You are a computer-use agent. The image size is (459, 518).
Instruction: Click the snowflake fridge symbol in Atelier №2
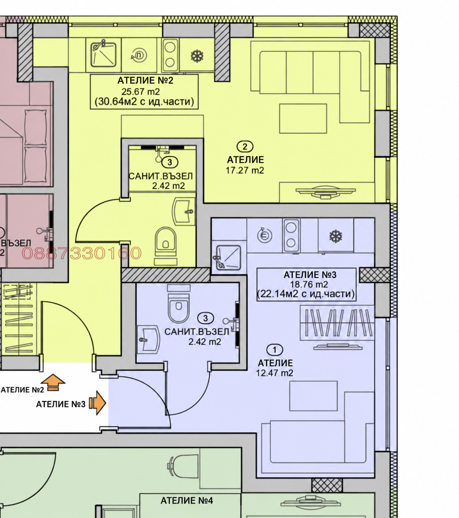(x=197, y=56)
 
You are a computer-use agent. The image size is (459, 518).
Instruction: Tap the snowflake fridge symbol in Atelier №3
(x=335, y=236)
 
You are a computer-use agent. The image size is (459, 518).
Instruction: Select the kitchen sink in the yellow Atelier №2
(x=103, y=54)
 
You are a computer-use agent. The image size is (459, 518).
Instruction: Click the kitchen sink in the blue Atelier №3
(x=228, y=258)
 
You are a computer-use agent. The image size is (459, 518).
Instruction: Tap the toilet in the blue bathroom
(x=179, y=303)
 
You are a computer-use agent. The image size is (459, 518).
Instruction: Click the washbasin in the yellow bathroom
(x=184, y=211)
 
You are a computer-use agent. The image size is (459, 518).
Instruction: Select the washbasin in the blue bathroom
(x=148, y=339)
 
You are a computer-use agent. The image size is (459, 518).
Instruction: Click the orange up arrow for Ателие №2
(x=53, y=382)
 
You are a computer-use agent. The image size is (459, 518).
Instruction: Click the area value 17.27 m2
(x=244, y=170)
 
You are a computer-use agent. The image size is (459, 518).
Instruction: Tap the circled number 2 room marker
(x=245, y=147)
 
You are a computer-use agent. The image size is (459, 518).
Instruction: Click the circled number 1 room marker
(x=275, y=349)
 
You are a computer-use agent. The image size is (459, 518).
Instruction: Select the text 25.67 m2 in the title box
(x=140, y=92)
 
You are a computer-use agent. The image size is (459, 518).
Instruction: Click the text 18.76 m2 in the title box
(x=309, y=284)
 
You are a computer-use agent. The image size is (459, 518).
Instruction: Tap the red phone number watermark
(x=82, y=253)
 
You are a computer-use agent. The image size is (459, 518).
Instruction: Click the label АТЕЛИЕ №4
(x=187, y=501)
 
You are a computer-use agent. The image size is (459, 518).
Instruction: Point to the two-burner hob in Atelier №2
(x=170, y=55)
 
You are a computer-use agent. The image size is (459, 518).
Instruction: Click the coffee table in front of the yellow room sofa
(x=303, y=119)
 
